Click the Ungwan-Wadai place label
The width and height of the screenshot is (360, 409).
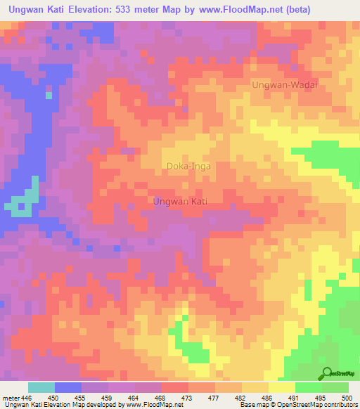click(x=285, y=84)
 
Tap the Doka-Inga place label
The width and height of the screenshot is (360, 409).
click(x=188, y=167)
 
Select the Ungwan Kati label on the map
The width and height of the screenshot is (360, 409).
click(x=180, y=201)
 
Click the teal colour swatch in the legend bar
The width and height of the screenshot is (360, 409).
click(x=41, y=387)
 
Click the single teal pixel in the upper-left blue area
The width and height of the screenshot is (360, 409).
click(x=49, y=94)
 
